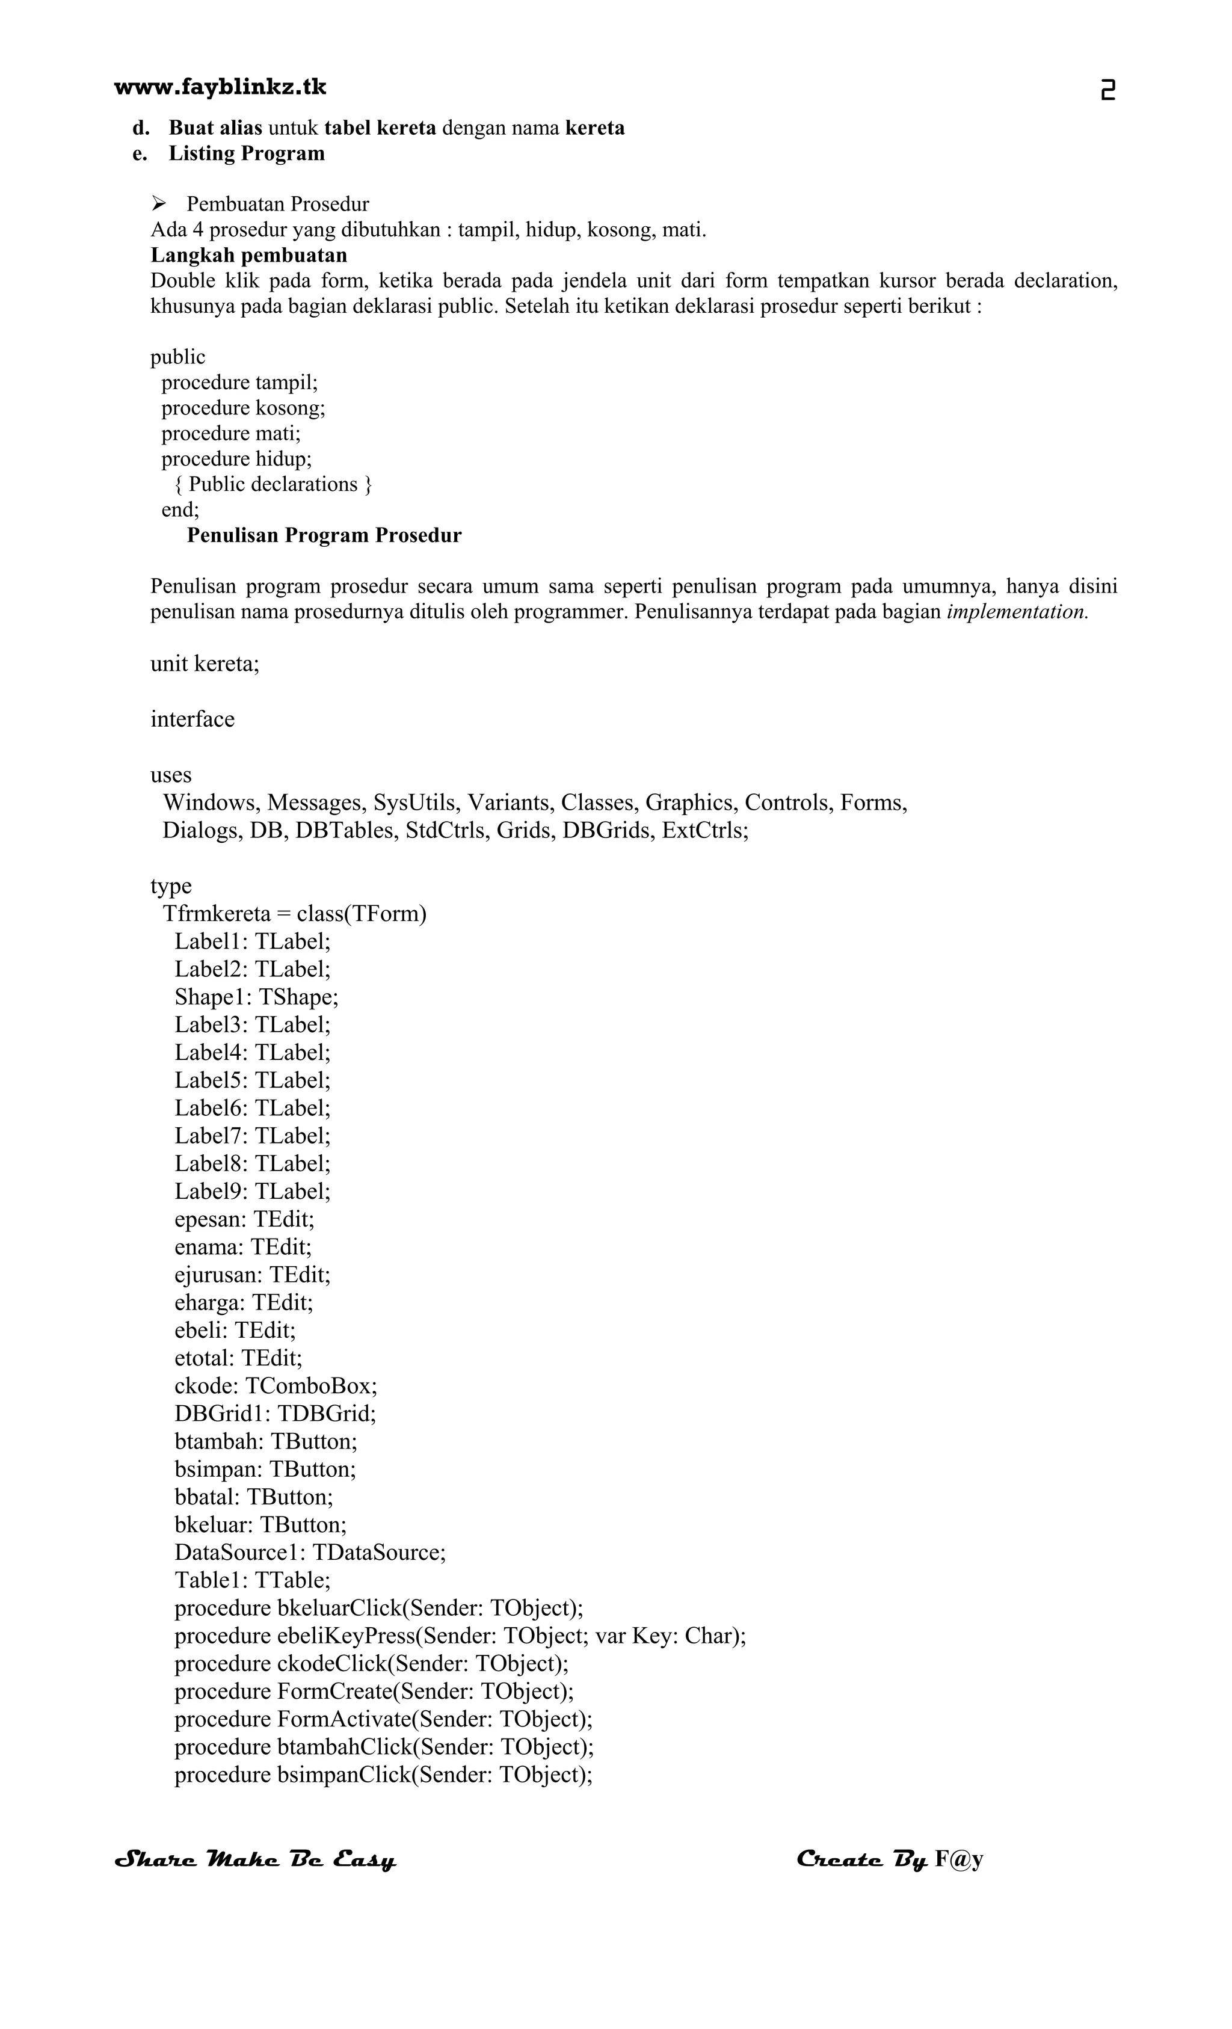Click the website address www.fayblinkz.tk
click(x=220, y=87)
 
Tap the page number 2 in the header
click(x=1107, y=90)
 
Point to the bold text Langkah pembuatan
click(x=248, y=254)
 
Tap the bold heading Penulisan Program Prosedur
click(x=324, y=535)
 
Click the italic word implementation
click(x=1017, y=612)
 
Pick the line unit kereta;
click(x=205, y=664)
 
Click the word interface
click(x=192, y=719)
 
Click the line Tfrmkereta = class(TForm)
click(x=294, y=913)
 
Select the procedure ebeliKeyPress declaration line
click(x=460, y=1636)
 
